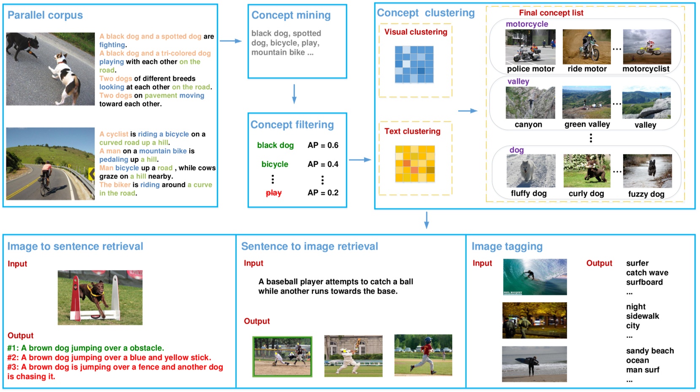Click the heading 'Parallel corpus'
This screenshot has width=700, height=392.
(x=45, y=15)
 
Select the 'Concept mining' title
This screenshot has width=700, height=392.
(x=291, y=15)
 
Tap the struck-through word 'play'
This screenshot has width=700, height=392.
(x=273, y=193)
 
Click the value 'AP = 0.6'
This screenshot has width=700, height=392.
(x=323, y=145)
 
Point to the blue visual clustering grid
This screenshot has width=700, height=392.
(x=414, y=64)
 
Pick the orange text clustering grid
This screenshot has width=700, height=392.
(x=415, y=164)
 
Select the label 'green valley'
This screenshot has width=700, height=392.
(x=587, y=124)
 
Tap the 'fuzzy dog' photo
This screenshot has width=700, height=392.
(x=647, y=171)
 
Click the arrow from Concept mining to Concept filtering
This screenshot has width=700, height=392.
(x=294, y=94)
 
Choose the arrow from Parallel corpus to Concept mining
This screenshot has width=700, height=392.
(x=230, y=41)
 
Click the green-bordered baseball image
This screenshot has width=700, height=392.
(x=282, y=356)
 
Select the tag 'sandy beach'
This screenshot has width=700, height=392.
(x=650, y=351)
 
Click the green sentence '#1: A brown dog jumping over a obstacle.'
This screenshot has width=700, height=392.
(x=86, y=348)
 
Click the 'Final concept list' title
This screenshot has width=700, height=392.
(x=551, y=13)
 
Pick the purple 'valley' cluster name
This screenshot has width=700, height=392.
(x=518, y=81)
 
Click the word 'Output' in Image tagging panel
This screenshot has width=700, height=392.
(x=599, y=263)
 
